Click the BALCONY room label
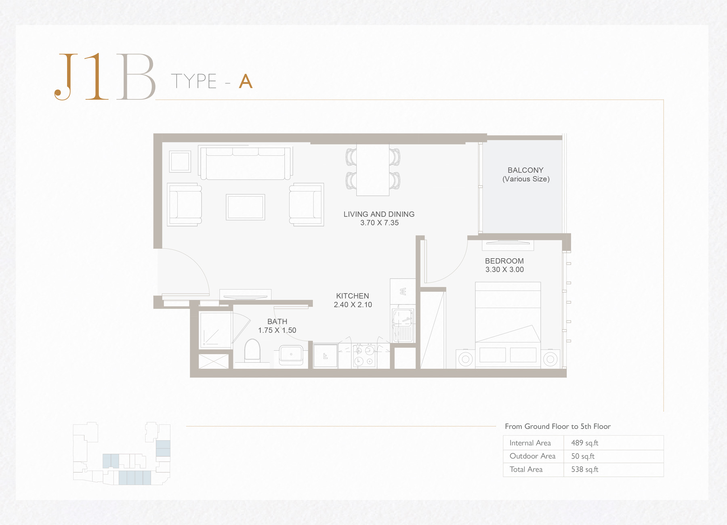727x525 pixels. (525, 170)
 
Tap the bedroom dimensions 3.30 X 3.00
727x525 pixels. (504, 270)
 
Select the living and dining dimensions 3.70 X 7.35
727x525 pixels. (379, 223)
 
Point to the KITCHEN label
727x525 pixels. (352, 296)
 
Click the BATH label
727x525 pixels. (277, 321)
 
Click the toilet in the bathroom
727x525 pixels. (252, 350)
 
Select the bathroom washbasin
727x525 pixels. (291, 355)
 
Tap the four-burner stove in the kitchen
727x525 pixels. (364, 356)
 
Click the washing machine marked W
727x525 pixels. (403, 291)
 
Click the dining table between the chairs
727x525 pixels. (372, 170)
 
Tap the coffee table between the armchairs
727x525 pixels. (245, 207)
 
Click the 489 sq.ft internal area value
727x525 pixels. (584, 443)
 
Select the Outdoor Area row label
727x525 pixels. (532, 456)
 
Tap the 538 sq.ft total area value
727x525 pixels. (584, 469)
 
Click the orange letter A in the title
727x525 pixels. (246, 82)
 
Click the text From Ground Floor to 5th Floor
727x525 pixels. (557, 426)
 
